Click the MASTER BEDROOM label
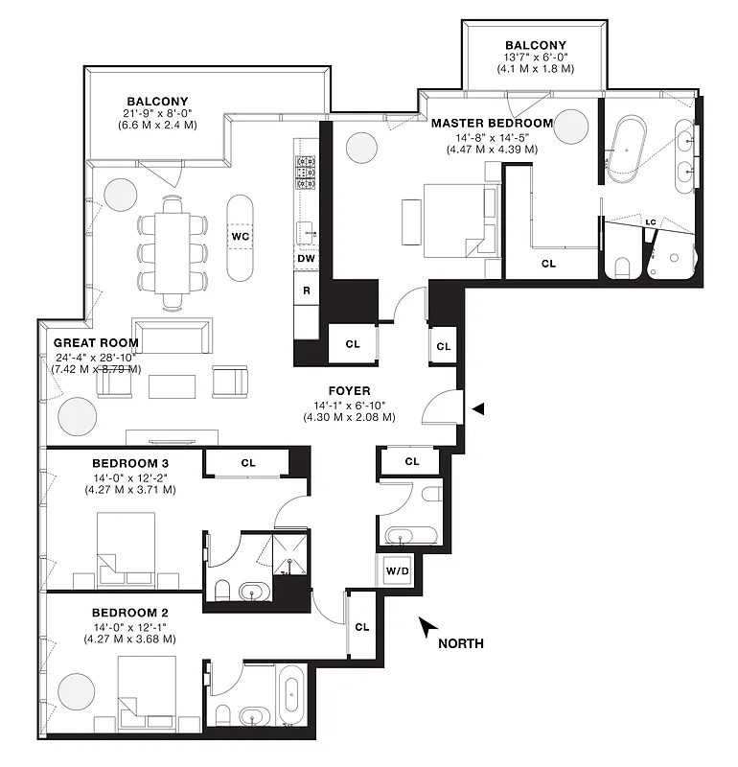(492, 123)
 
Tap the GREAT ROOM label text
(96, 342)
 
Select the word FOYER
(349, 390)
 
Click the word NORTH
(460, 643)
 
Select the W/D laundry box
(398, 572)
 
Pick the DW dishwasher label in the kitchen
(307, 259)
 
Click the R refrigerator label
(307, 289)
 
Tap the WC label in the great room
(240, 236)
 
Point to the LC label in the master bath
(650, 222)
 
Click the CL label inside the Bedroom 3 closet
(248, 463)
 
